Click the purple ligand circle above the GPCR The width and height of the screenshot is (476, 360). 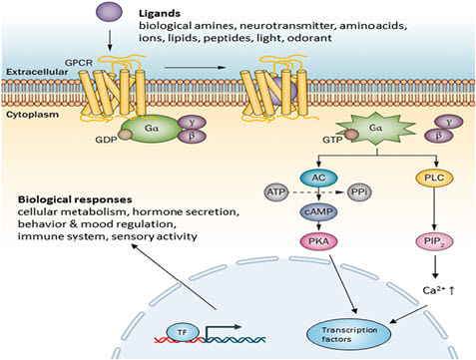[109, 12]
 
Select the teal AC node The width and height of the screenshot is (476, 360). [318, 178]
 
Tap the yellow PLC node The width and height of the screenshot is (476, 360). [434, 178]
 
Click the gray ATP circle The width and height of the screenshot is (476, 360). [276, 192]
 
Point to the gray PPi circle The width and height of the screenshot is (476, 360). [359, 192]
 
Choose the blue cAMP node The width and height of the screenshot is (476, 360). [318, 211]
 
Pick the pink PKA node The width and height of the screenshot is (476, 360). [318, 241]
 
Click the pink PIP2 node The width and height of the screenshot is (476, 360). [434, 241]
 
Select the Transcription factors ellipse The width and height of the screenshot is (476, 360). [348, 334]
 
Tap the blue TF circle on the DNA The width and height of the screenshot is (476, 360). [183, 332]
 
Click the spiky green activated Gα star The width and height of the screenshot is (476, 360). [375, 129]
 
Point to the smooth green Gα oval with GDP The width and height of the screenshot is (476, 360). [152, 129]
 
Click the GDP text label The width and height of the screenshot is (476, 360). [106, 140]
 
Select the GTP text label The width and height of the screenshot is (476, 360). [332, 140]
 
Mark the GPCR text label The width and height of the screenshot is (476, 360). [79, 63]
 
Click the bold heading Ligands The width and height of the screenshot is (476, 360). [160, 13]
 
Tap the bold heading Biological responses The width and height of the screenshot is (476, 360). [75, 199]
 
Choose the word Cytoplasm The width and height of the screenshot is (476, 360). [33, 115]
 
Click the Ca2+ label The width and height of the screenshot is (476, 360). [434, 290]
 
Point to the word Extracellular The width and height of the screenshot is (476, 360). [37, 72]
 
